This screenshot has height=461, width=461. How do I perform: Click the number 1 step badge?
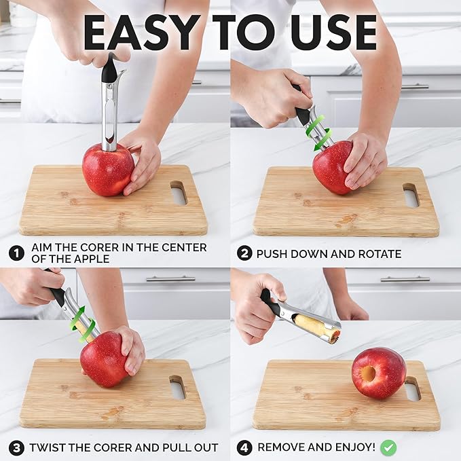[16, 253]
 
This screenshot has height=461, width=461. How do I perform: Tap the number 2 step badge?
[244, 253]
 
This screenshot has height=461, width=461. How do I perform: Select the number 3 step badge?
[16, 447]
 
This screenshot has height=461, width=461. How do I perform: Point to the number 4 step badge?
[244, 447]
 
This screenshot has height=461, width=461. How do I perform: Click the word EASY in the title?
[137, 32]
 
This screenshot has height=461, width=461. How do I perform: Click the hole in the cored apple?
[367, 374]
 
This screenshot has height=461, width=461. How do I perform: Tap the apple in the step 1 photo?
[107, 170]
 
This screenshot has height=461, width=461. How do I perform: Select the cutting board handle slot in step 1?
[178, 193]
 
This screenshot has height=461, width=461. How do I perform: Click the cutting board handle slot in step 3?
[177, 387]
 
